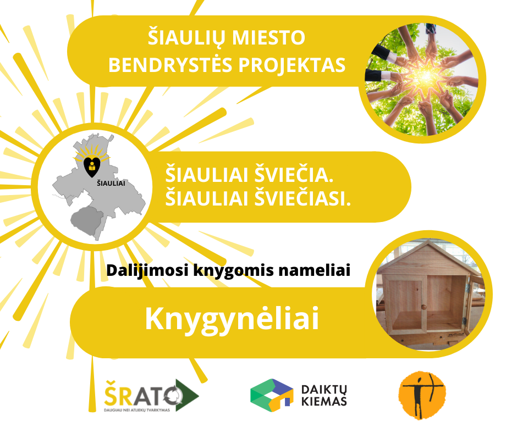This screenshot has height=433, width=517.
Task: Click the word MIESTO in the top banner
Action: pos(268,37)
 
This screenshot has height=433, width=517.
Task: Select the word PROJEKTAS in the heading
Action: pos(292,65)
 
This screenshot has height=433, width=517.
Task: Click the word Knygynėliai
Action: pos(232,319)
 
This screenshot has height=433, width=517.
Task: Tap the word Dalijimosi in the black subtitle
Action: pos(147,271)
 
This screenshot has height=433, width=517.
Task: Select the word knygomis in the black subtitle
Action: pos(233,271)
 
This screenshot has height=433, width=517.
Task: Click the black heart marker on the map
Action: pos(92,166)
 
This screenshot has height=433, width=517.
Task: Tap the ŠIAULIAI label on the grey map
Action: pos(111,184)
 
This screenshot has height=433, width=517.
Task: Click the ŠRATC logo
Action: pos(152,396)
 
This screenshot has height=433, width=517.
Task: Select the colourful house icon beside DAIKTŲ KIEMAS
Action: pos(272,395)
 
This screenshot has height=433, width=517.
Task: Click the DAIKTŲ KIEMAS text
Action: pos(324,395)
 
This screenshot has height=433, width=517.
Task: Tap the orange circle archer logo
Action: pos(422,396)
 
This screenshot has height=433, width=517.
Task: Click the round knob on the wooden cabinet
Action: pos(424,307)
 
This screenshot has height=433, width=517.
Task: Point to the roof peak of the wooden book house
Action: pos(427,241)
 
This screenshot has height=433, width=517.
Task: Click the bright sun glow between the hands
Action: pos(425,76)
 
